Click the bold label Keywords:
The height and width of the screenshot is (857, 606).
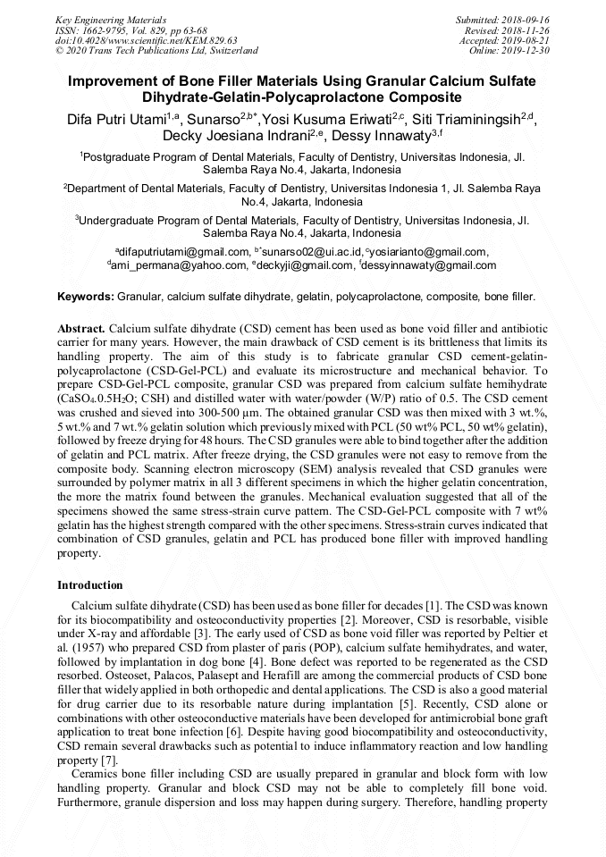[x=85, y=296]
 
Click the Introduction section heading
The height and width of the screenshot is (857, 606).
[x=89, y=585]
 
